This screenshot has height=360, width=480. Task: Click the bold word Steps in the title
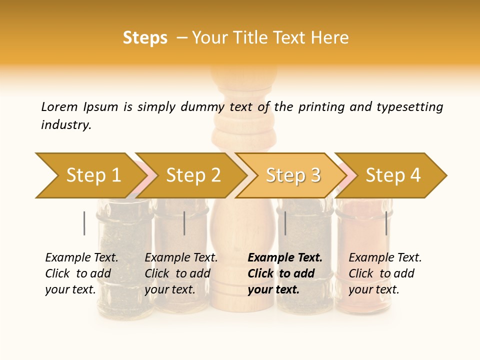point(145,38)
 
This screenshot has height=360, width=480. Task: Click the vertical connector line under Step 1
point(84,223)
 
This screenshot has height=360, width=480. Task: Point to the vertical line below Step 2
point(184,223)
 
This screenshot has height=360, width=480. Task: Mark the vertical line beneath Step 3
point(285,223)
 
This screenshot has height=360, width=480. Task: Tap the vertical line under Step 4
point(386,223)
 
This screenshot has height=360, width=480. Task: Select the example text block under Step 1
point(81,273)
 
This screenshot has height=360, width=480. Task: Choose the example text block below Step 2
point(181,273)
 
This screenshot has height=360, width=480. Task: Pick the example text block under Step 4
point(385,273)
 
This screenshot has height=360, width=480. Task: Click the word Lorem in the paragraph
point(59,106)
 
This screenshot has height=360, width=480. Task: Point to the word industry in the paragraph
point(66,124)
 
